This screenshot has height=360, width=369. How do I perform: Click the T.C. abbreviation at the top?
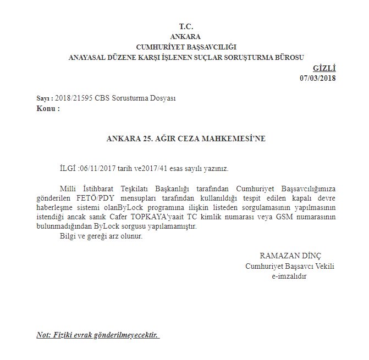186,27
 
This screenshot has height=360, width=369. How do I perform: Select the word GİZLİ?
324,68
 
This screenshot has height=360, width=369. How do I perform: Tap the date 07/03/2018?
318,78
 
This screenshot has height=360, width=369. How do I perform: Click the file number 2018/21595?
73,98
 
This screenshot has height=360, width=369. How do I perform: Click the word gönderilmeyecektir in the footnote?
128,334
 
